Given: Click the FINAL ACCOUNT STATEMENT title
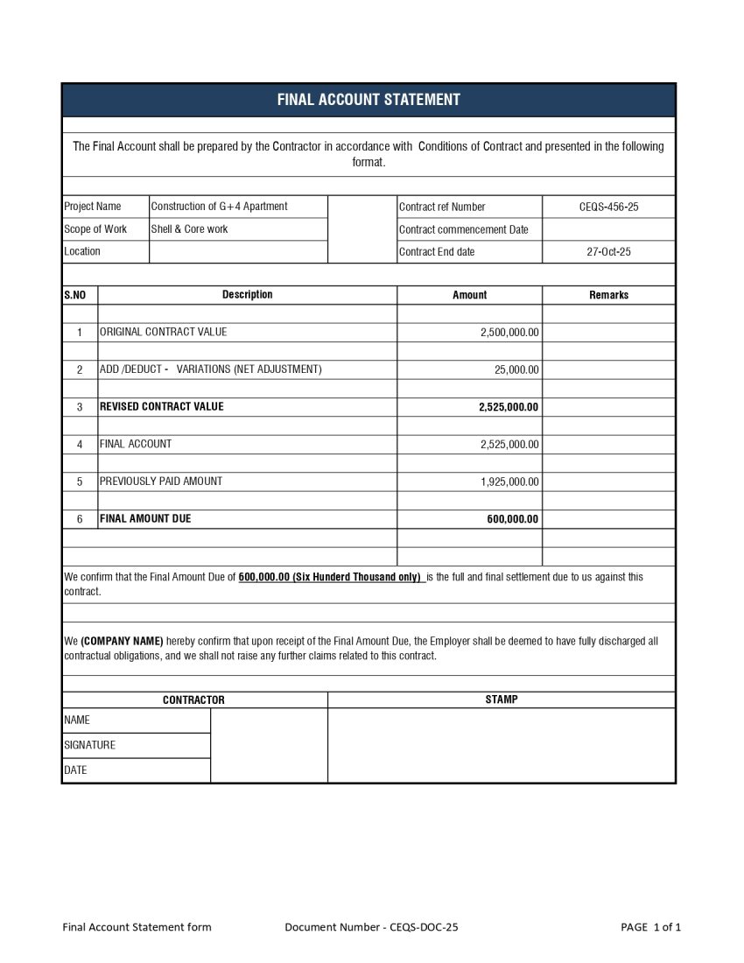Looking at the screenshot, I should click(x=368, y=100).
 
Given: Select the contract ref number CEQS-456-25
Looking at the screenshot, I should click(x=608, y=207).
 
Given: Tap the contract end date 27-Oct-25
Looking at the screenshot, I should click(x=608, y=252).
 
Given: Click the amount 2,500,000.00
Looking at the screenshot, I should click(x=509, y=333).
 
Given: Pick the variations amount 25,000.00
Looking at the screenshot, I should click(x=516, y=370).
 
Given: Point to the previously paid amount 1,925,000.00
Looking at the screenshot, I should click(x=509, y=481).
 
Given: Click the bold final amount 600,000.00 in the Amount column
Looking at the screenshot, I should click(x=513, y=519).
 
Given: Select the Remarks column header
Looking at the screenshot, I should click(x=608, y=295).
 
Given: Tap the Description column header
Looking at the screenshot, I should click(x=247, y=295).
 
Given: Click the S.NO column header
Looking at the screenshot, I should click(x=75, y=295).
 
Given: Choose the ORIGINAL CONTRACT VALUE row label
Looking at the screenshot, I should click(x=163, y=333).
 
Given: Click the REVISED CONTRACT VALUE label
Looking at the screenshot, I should click(x=161, y=407).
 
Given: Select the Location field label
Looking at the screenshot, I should click(x=82, y=252).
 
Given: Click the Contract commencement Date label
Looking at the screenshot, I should click(x=464, y=230).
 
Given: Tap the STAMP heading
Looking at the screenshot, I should click(x=501, y=699).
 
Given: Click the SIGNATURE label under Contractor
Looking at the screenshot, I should click(x=89, y=745).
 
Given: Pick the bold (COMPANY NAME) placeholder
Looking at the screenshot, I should click(x=122, y=642).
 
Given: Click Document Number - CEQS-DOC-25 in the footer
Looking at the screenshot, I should click(x=371, y=927).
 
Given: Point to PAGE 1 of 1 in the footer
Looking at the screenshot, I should click(x=650, y=927).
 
